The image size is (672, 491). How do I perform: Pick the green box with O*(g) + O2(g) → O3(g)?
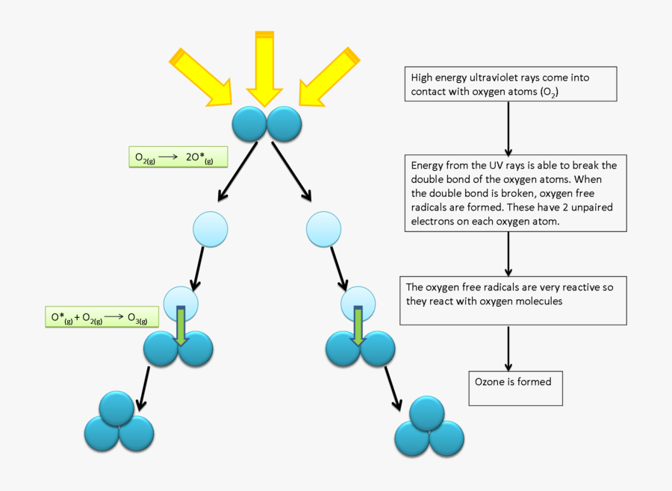[102, 317]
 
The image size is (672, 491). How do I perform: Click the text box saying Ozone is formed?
[515, 387]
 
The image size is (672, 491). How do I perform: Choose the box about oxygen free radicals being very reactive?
[513, 300]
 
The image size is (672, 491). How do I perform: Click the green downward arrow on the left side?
[181, 325]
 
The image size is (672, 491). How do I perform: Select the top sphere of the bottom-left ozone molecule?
[117, 408]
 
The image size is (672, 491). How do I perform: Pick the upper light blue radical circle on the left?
[211, 230]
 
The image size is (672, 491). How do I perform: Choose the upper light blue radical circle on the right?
[324, 229]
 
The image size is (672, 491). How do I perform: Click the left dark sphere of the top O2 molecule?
[249, 124]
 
